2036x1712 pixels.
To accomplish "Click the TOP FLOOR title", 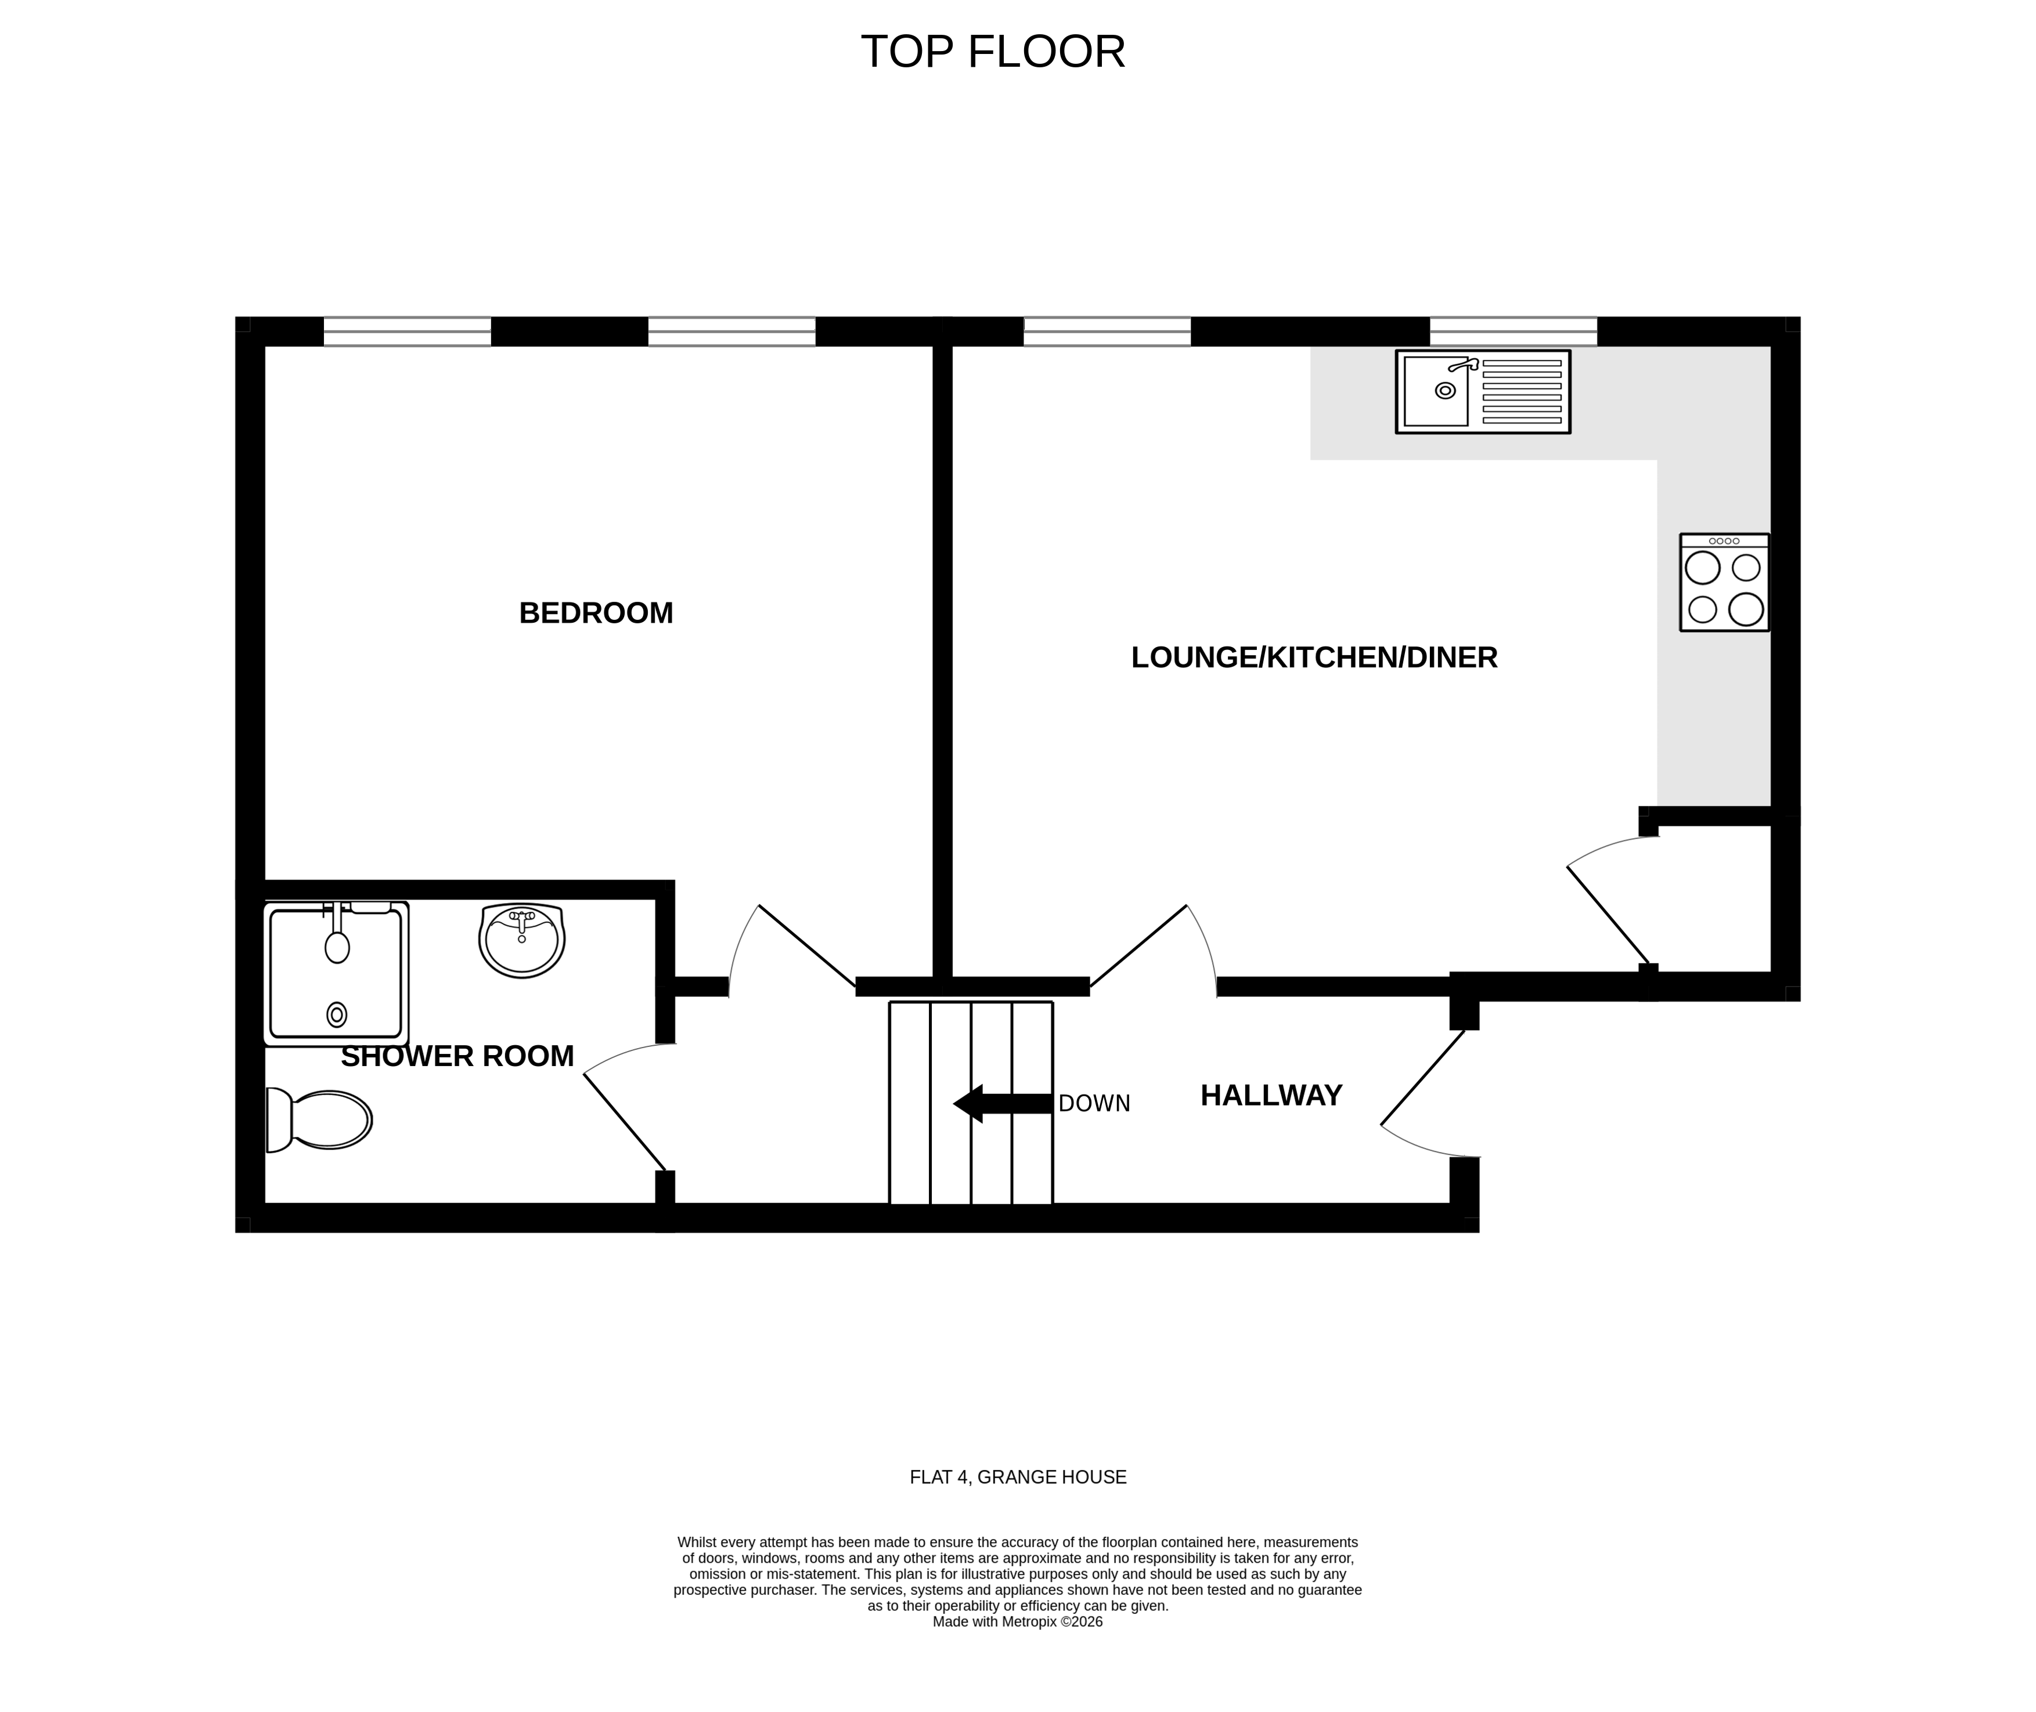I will coord(992,52).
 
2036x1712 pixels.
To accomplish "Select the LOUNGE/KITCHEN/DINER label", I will coord(1314,658).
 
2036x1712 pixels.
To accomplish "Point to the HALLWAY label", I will coord(1271,1096).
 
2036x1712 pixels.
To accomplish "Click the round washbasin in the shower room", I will coord(521,940).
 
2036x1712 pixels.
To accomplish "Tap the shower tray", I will coord(335,973).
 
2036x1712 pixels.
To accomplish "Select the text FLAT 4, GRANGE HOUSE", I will coord(1018,1477).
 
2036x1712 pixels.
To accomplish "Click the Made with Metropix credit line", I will coord(1018,1621).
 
